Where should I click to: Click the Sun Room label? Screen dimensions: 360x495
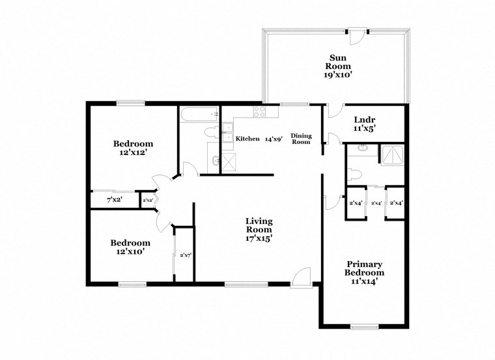point(339,66)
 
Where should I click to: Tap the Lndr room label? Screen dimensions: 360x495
point(364,124)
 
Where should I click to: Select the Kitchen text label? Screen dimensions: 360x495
point(248,139)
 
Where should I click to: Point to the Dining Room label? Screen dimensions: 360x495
point(301,139)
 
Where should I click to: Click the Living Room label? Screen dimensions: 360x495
point(259,230)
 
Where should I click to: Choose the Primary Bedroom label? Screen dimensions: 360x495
point(364,273)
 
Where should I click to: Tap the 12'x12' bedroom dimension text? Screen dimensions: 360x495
point(133,153)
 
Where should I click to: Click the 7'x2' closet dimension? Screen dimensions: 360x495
point(115,200)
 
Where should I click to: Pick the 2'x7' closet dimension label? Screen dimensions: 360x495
point(185,255)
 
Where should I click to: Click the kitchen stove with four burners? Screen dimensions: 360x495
point(258,113)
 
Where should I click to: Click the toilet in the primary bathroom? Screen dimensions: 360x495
point(353,174)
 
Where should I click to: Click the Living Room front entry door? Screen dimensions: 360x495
point(301,278)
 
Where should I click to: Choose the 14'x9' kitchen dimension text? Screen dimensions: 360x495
point(273,139)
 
